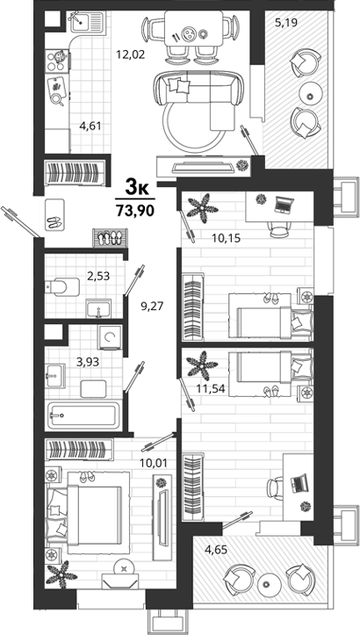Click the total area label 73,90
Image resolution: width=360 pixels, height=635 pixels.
(135, 211)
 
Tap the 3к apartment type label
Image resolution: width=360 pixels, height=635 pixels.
(135, 187)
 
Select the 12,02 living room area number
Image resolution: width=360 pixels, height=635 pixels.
(131, 54)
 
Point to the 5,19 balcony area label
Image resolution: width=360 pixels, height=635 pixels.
(286, 22)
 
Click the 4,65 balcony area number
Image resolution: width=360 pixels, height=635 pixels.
(216, 550)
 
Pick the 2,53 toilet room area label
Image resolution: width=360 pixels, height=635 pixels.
(99, 276)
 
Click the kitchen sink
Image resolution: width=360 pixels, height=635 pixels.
(88, 21)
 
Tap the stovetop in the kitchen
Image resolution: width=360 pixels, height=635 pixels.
(57, 61)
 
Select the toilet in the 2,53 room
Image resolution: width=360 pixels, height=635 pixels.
(61, 286)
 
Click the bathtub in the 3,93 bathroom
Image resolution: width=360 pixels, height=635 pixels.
(83, 415)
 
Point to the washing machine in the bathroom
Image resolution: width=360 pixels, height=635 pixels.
(110, 337)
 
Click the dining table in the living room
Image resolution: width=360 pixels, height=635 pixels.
(193, 28)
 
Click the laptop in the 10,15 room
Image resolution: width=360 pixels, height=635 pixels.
(283, 205)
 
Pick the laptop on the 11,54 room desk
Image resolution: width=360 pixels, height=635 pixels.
(299, 483)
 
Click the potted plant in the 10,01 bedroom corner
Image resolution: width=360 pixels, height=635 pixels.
(61, 574)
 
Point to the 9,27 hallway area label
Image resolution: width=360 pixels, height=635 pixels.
(152, 306)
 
